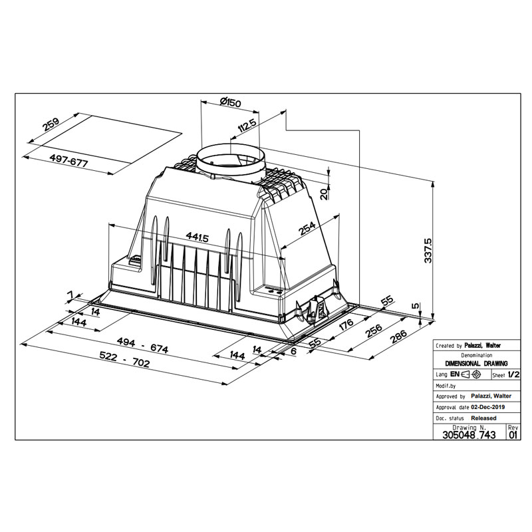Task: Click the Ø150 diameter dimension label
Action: point(230,102)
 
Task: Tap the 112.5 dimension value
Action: point(247,126)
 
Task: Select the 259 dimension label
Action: point(51,124)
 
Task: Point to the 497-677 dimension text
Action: point(69,160)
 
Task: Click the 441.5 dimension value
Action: point(197,237)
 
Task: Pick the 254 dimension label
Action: point(307,228)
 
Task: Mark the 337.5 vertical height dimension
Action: point(428,251)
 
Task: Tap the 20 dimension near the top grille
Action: point(324,194)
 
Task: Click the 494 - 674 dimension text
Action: point(142,344)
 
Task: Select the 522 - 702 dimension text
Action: point(124,360)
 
